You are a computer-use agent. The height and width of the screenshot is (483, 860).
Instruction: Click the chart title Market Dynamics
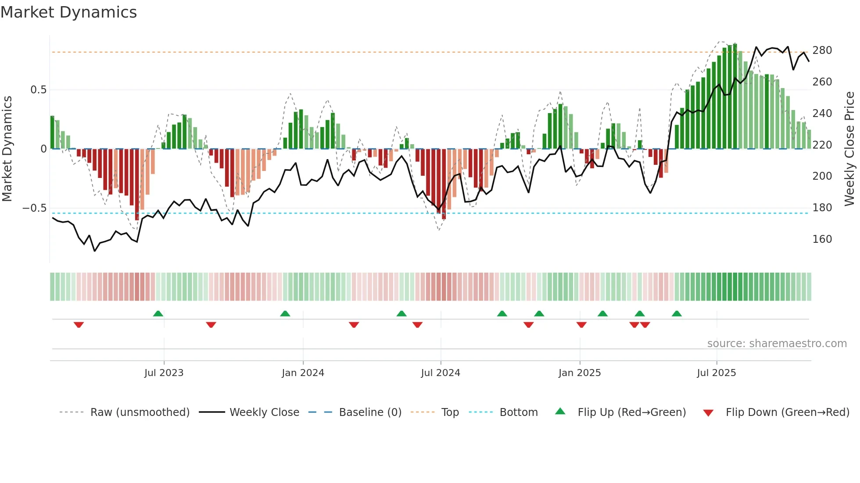[x=69, y=12]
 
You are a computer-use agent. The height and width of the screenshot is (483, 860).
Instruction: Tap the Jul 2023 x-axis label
[x=164, y=373]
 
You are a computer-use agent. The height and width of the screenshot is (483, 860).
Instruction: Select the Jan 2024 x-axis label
[x=303, y=373]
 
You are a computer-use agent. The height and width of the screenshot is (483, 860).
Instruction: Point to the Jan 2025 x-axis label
[x=579, y=373]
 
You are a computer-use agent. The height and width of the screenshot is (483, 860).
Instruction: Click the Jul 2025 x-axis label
[x=716, y=373]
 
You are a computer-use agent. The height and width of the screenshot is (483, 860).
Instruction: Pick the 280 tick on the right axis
[x=822, y=50]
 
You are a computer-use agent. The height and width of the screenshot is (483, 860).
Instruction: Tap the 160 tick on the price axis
[x=822, y=239]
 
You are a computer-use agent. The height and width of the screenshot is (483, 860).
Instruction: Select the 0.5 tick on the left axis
[x=38, y=90]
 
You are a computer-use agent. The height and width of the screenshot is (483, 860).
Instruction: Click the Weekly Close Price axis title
[x=849, y=149]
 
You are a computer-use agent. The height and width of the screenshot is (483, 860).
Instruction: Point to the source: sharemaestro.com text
[x=777, y=344]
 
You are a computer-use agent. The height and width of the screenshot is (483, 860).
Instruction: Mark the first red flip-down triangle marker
[x=79, y=325]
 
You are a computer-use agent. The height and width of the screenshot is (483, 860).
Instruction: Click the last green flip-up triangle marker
[x=677, y=313]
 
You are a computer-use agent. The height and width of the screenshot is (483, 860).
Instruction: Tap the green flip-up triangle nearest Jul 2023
[x=158, y=313]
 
